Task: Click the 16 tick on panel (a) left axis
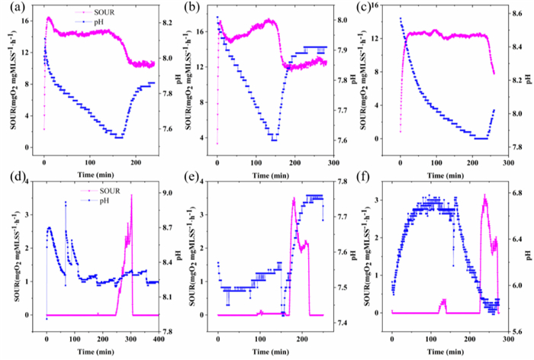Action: click(29, 21)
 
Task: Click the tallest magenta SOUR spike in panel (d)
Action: click(131, 196)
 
